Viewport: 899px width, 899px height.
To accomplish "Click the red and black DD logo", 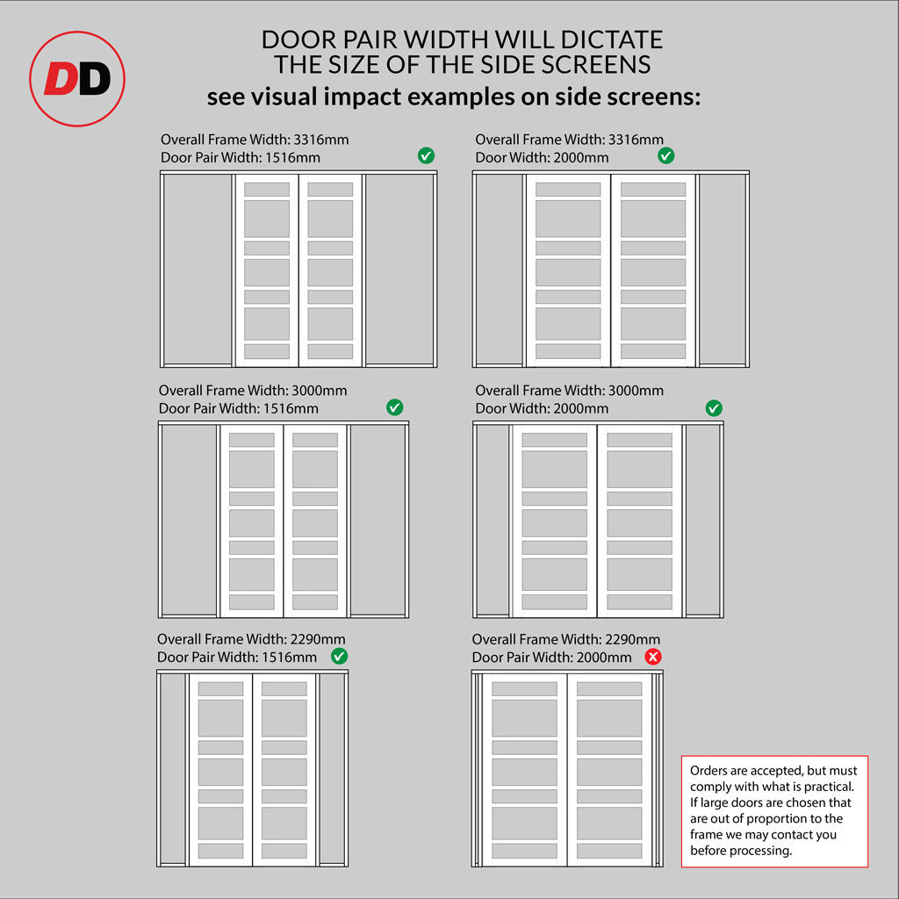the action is (x=77, y=78).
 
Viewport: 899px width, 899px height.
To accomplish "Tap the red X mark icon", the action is (x=653, y=657).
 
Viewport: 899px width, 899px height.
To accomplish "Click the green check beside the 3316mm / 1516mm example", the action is (x=426, y=155).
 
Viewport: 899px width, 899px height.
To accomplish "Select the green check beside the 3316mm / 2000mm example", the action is (x=666, y=155).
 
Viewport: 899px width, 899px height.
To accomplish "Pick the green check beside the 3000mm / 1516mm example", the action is (x=394, y=407).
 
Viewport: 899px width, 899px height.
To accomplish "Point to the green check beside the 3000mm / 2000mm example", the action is (x=714, y=408).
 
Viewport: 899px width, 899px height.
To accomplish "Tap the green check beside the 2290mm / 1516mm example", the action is (x=340, y=657).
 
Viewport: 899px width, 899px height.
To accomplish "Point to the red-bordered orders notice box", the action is (x=774, y=811).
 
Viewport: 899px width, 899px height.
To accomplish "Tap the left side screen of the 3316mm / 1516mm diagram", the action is (x=198, y=269).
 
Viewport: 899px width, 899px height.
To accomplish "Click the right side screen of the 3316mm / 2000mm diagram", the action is (x=722, y=269).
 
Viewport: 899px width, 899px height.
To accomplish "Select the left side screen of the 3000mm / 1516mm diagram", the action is (x=190, y=520).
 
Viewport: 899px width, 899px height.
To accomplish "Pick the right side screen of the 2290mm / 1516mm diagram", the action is (x=331, y=768).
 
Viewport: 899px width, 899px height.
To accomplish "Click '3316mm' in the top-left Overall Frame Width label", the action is (x=321, y=140).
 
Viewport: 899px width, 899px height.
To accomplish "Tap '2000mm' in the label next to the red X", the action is (x=604, y=657).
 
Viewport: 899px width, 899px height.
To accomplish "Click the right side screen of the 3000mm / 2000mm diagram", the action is (x=702, y=520).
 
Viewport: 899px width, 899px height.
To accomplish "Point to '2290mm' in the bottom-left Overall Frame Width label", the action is (x=318, y=639).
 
